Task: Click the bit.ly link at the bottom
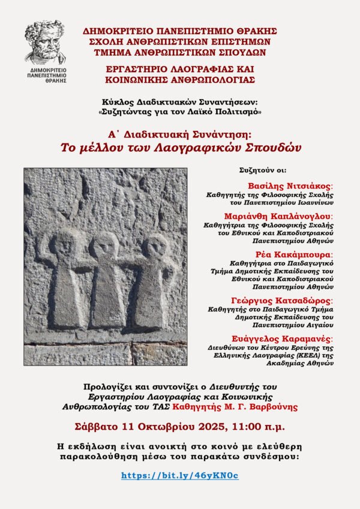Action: click(x=180, y=475)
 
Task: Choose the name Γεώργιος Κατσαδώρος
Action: click(x=290, y=300)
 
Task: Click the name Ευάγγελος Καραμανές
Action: click(x=290, y=339)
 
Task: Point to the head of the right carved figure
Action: click(x=156, y=246)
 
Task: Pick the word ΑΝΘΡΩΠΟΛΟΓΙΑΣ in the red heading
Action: click(x=214, y=79)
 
